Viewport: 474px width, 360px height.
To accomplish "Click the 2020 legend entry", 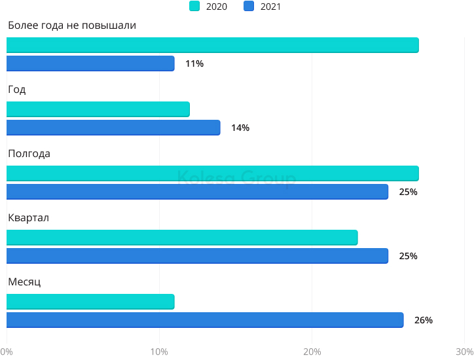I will tap(208, 7).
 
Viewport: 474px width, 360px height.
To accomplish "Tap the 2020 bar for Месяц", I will tap(90, 302).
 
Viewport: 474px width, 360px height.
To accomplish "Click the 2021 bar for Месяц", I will tap(205, 320).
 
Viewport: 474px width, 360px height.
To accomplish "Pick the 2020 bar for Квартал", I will tap(182, 238).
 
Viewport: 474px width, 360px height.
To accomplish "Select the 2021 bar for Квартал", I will tap(197, 256).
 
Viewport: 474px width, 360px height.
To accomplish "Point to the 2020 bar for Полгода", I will tap(212, 173).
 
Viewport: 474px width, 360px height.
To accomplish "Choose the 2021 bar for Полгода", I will tap(197, 192).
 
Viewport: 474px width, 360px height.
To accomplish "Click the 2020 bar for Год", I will tap(98, 109).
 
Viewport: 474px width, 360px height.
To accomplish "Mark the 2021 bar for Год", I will tap(113, 128).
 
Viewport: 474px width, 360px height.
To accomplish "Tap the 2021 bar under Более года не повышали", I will tap(90, 63).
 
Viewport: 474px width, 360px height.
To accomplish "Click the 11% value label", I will tap(194, 63).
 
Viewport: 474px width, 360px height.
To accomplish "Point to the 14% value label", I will tap(240, 128).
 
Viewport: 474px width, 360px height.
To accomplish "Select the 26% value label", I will tap(424, 320).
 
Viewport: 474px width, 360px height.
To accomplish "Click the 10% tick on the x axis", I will tap(159, 351).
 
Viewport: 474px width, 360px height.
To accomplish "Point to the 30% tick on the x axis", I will tap(464, 351).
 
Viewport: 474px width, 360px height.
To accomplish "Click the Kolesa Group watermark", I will tap(237, 178).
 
